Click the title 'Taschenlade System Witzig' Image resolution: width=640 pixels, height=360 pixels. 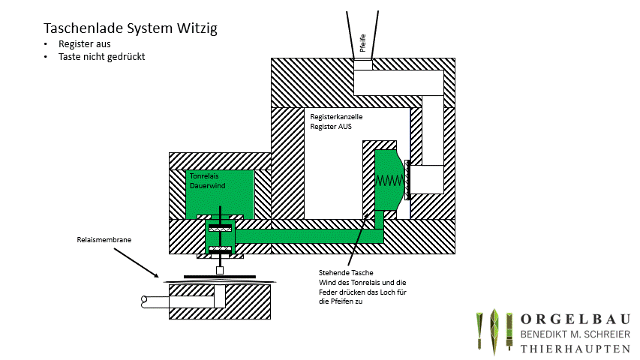131,28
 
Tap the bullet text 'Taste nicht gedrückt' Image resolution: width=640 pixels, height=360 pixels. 101,56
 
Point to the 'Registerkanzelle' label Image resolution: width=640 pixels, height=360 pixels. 336,117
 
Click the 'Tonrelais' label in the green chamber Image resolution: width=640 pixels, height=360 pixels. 203,175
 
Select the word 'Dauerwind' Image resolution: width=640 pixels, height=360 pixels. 205,184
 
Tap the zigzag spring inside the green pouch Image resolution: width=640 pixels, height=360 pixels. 389,180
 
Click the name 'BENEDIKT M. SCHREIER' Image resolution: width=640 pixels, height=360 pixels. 575,334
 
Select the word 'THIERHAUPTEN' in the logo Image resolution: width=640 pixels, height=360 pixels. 575,349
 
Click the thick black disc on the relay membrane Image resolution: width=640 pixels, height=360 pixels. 218,277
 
